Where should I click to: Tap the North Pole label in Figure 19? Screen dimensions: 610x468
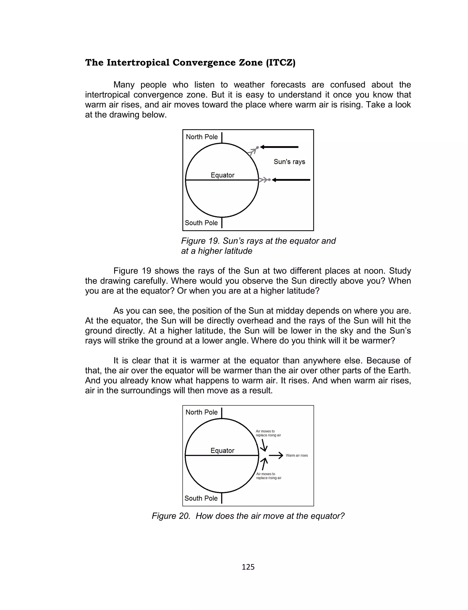(x=202, y=137)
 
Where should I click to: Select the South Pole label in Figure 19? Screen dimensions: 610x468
(x=201, y=223)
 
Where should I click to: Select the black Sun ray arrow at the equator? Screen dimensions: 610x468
(x=291, y=180)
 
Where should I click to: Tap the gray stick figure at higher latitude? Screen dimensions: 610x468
(x=253, y=151)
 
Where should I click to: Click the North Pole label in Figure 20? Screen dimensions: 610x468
(x=201, y=412)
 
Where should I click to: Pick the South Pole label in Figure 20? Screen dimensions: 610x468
(x=201, y=498)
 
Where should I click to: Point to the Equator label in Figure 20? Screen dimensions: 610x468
(x=222, y=451)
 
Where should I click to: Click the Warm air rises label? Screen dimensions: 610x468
(x=297, y=456)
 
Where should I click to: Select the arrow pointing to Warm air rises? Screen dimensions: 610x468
(x=276, y=456)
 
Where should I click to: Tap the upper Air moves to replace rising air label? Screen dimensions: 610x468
(x=268, y=433)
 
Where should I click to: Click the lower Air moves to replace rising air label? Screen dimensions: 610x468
(x=269, y=476)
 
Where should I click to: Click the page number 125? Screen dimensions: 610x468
(x=248, y=567)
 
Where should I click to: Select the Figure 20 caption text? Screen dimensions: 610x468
(x=248, y=516)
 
